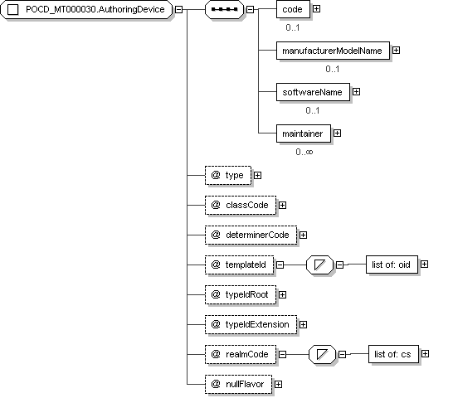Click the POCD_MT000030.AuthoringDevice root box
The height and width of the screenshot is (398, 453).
pyautogui.click(x=86, y=9)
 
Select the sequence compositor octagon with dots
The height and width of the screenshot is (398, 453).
pyautogui.click(x=224, y=9)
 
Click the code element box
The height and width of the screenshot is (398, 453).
pyautogui.click(x=293, y=9)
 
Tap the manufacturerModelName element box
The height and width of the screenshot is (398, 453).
pyautogui.click(x=333, y=51)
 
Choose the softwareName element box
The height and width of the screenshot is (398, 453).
pyautogui.click(x=313, y=92)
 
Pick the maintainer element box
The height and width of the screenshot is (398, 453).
pyautogui.click(x=304, y=133)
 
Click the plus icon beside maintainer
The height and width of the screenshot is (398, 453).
pyautogui.click(x=337, y=133)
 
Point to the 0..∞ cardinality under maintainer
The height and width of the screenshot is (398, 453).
pyautogui.click(x=304, y=152)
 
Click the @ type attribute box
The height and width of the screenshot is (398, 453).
pyautogui.click(x=228, y=175)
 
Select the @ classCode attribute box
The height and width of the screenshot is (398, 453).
pyautogui.click(x=241, y=206)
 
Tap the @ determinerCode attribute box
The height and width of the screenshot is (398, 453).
pyautogui.click(x=251, y=235)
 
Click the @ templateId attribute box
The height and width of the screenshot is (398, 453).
pyautogui.click(x=239, y=265)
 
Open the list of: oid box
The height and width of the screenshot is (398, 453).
pyautogui.click(x=392, y=265)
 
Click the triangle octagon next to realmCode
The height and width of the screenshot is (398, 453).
pyautogui.click(x=322, y=354)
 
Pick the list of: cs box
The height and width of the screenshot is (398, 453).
pyautogui.click(x=393, y=354)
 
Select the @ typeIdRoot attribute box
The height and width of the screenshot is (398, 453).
pyautogui.click(x=241, y=295)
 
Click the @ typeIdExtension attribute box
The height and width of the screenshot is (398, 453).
pyautogui.click(x=251, y=325)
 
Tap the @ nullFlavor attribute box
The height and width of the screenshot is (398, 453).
pyautogui.click(x=238, y=385)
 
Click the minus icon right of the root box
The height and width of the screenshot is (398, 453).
pyautogui.click(x=179, y=9)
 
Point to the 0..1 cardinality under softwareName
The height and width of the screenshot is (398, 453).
pyautogui.click(x=313, y=110)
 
